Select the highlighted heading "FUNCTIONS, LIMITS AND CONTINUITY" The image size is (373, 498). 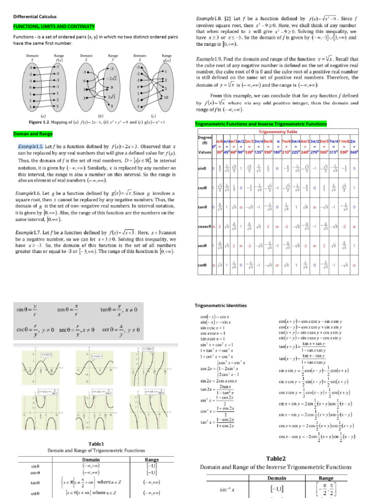[54, 26]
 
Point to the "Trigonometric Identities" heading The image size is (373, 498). [220, 306]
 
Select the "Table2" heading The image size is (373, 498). [278, 458]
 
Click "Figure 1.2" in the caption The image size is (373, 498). [42, 122]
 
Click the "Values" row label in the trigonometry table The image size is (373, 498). [203, 152]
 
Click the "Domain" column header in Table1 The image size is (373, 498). [91, 459]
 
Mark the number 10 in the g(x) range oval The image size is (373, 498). [166, 98]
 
